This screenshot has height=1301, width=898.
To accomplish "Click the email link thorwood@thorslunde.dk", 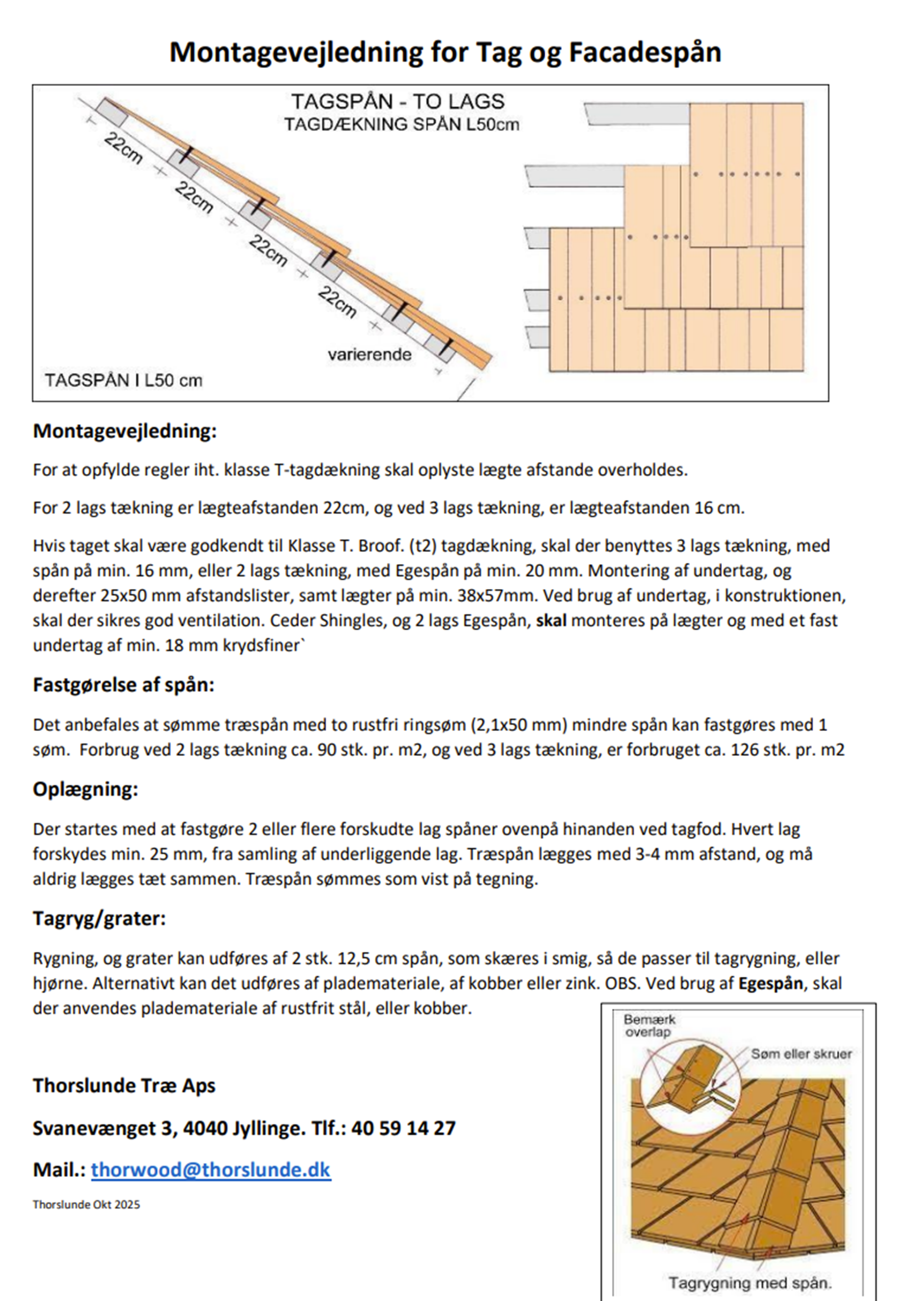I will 210,1169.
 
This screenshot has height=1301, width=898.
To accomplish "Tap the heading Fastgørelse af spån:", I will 124,685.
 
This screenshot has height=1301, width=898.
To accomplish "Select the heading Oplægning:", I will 85,789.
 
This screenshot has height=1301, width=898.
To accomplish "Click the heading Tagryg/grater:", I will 99,918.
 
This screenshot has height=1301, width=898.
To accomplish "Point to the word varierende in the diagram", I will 369,355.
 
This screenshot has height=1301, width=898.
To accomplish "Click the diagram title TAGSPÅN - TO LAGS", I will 398,102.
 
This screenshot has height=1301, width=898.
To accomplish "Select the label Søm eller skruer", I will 801,1054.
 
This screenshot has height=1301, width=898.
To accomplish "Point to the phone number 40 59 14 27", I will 403,1127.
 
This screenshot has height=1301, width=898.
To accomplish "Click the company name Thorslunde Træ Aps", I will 124,1085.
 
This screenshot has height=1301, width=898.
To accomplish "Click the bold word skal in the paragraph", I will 551,620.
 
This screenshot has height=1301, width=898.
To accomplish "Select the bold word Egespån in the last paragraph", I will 770,983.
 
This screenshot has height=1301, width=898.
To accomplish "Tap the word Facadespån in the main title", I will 645,53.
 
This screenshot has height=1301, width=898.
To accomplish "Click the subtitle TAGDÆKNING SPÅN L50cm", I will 401,125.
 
